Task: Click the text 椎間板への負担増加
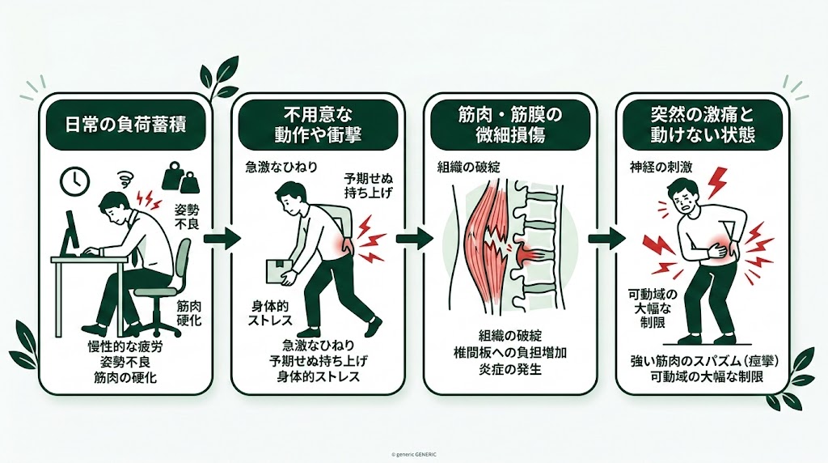pyautogui.click(x=509, y=353)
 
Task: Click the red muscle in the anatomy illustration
pyautogui.click(x=484, y=243)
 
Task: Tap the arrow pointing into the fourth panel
pyautogui.click(x=606, y=239)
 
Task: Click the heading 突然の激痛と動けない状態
pyautogui.click(x=703, y=125)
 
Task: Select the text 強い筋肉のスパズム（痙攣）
pyautogui.click(x=702, y=360)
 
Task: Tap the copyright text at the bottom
pyautogui.click(x=413, y=454)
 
